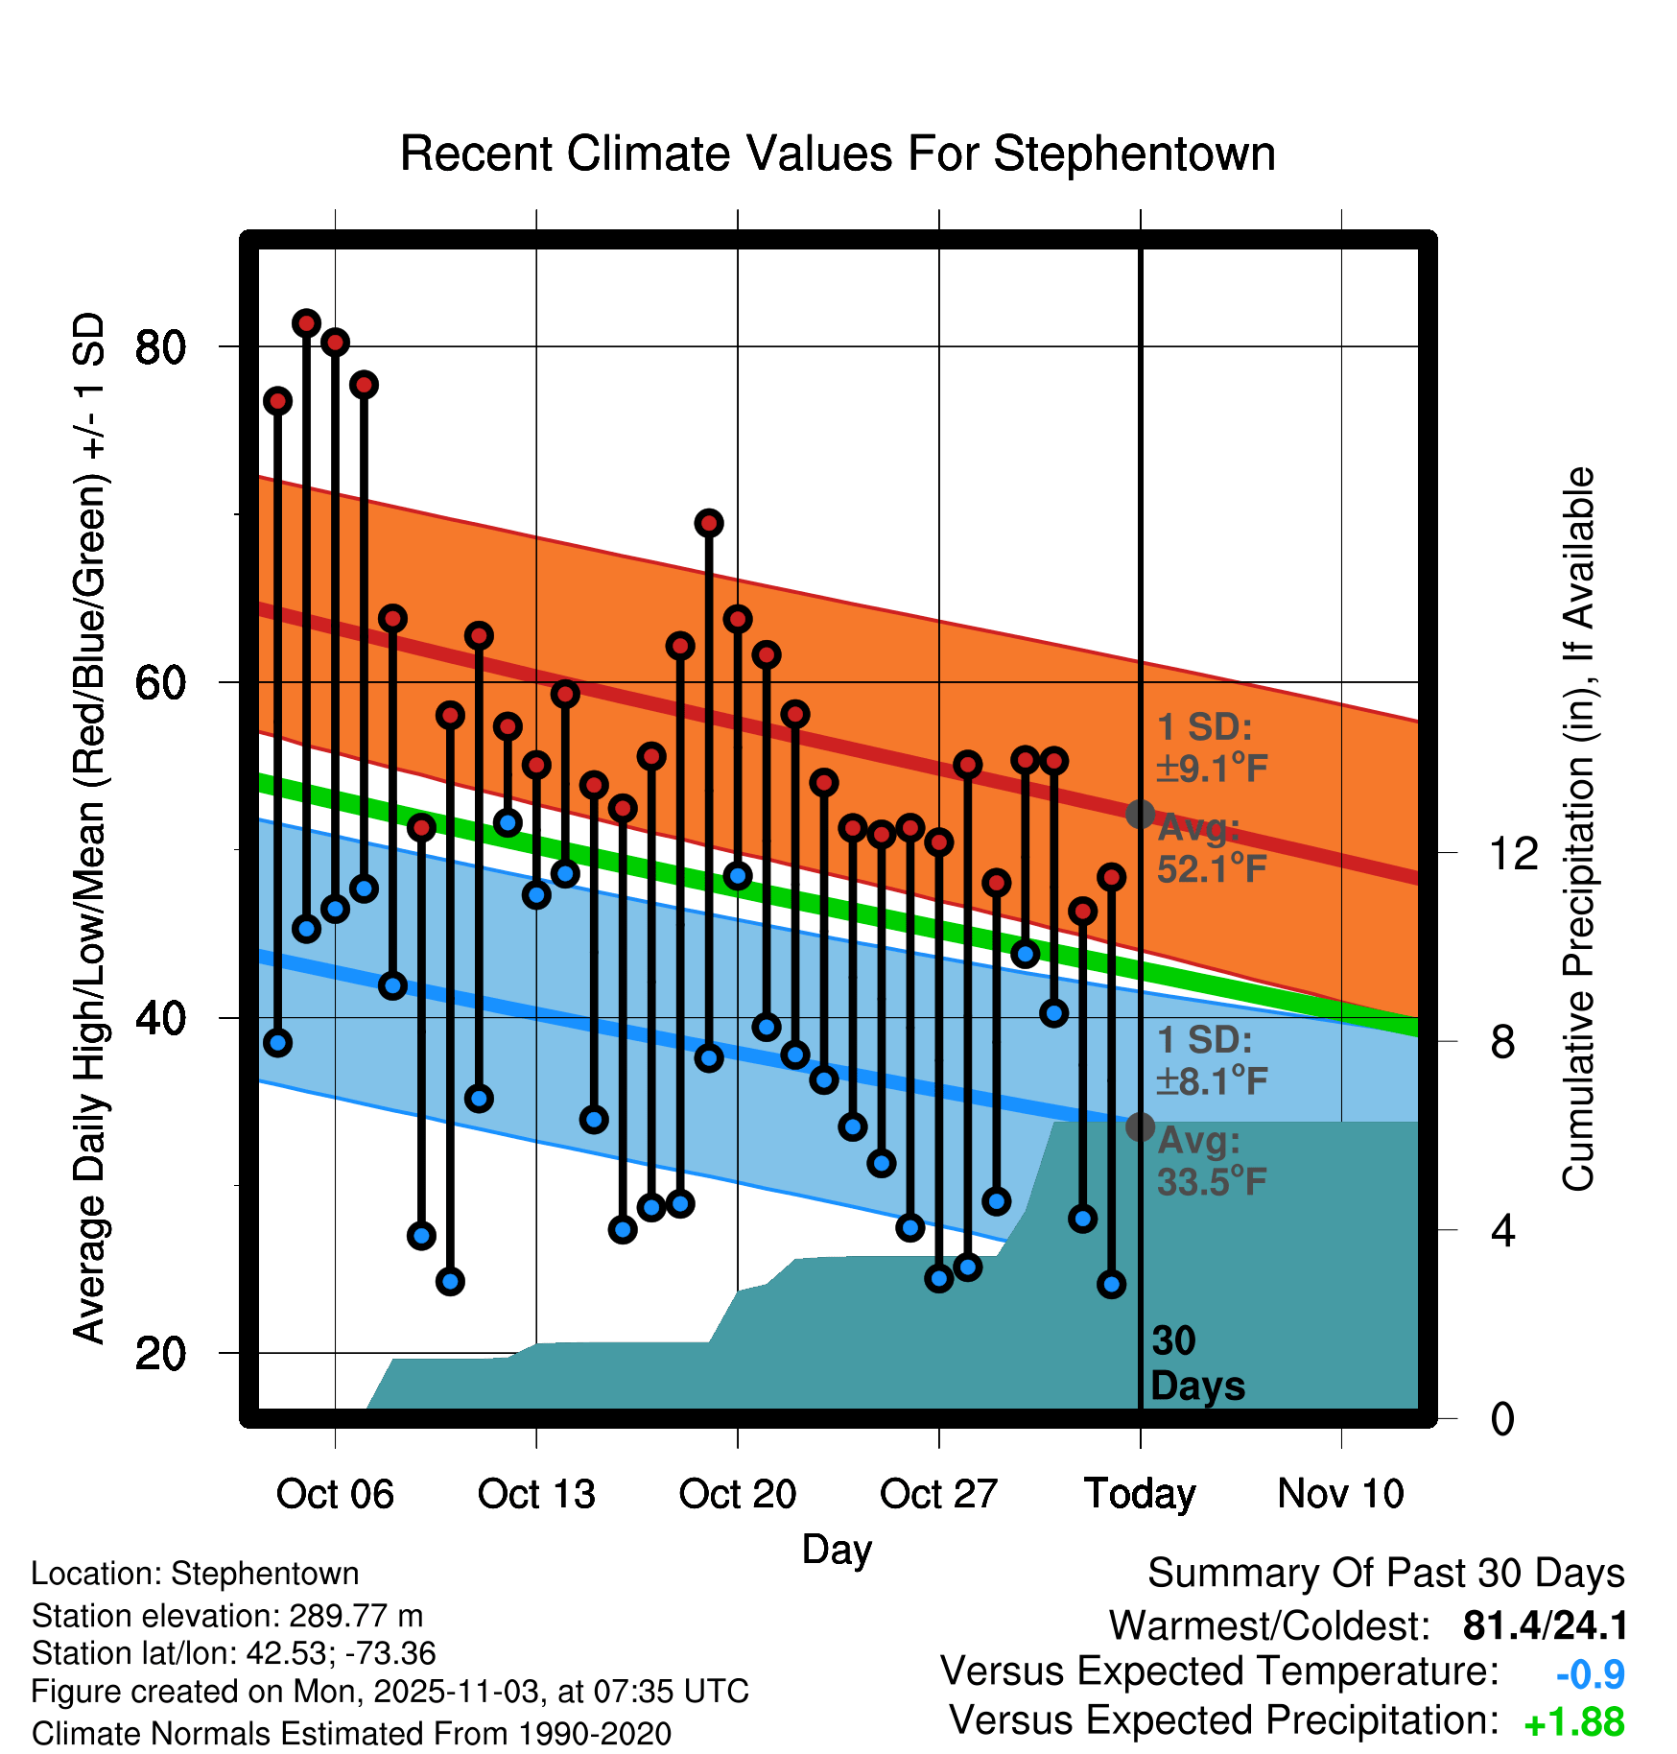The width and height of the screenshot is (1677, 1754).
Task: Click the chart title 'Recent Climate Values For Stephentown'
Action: (838, 154)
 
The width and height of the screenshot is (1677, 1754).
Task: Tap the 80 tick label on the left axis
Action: (160, 346)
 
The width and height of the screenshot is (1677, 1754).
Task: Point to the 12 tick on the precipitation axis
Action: (1513, 852)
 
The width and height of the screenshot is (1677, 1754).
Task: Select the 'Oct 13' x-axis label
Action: (536, 1494)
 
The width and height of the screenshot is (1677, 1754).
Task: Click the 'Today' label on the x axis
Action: (1140, 1494)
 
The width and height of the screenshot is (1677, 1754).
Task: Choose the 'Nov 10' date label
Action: (1340, 1494)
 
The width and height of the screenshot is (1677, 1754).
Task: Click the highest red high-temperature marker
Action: (306, 323)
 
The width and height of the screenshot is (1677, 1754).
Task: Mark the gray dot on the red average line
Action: (1140, 815)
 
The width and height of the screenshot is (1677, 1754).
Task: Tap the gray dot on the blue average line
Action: (1140, 1126)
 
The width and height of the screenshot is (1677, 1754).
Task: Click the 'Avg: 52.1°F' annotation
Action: (1211, 848)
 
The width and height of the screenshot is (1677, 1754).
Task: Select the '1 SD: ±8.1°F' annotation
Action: (1211, 1060)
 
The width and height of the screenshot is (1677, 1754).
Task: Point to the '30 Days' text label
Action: (1196, 1363)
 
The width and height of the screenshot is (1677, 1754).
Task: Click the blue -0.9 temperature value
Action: (1590, 1674)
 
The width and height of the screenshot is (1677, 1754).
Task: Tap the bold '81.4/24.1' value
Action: (1545, 1625)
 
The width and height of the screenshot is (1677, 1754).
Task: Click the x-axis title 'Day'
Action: (837, 1549)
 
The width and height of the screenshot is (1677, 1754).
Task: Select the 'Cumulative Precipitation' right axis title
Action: (1578, 829)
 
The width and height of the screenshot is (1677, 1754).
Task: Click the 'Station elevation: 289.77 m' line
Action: (227, 1616)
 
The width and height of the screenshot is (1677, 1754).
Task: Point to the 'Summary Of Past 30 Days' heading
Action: (1385, 1574)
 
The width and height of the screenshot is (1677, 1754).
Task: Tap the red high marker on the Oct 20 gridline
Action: (738, 619)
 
